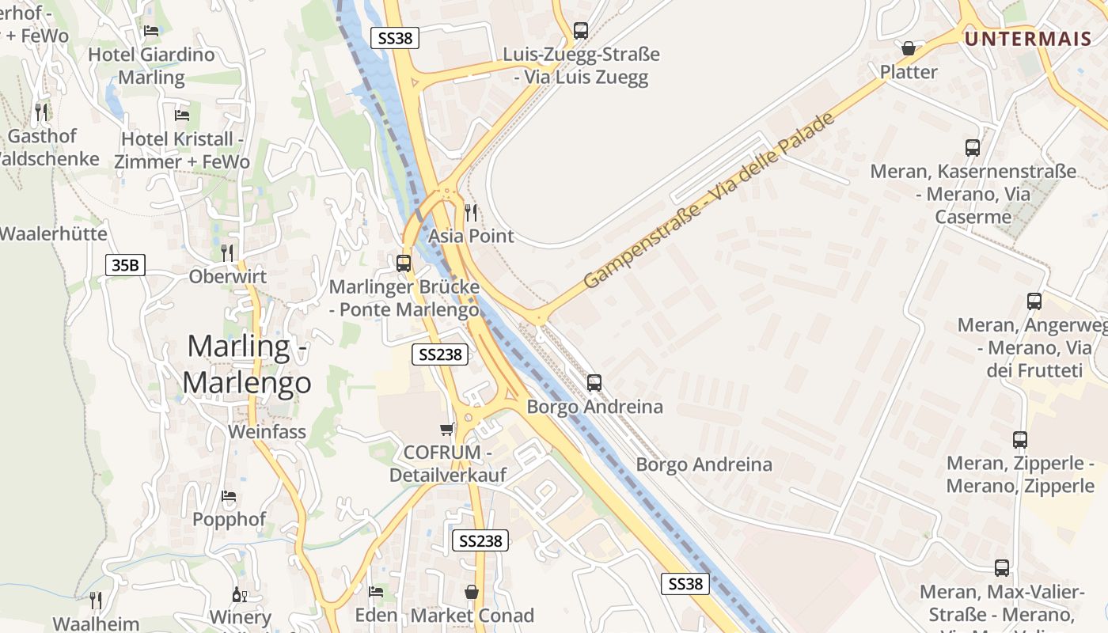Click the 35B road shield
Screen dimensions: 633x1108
tap(125, 265)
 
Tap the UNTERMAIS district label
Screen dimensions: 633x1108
tap(1027, 38)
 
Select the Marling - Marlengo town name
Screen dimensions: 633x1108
tap(247, 365)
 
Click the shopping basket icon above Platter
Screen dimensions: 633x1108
tap(909, 49)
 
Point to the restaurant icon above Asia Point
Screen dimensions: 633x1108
tap(471, 212)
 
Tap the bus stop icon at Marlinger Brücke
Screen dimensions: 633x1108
tap(404, 263)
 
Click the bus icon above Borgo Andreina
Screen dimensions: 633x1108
tap(594, 383)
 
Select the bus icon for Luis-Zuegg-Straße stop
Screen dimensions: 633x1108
tap(581, 31)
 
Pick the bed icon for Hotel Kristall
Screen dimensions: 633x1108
tap(182, 116)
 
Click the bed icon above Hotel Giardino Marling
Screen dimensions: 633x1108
tap(151, 31)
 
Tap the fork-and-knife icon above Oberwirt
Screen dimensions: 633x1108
tap(227, 253)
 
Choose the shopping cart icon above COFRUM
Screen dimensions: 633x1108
tap(447, 430)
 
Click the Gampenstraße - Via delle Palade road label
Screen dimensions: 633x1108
tap(708, 201)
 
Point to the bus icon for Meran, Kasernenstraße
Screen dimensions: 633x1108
tap(973, 148)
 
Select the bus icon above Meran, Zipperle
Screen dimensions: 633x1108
tap(1020, 440)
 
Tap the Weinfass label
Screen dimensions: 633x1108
tap(267, 432)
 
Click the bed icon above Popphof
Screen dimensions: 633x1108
tap(229, 496)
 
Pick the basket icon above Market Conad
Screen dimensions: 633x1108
tap(472, 592)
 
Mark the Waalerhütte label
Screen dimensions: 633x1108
tap(53, 234)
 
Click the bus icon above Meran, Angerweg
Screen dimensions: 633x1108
tap(1034, 301)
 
